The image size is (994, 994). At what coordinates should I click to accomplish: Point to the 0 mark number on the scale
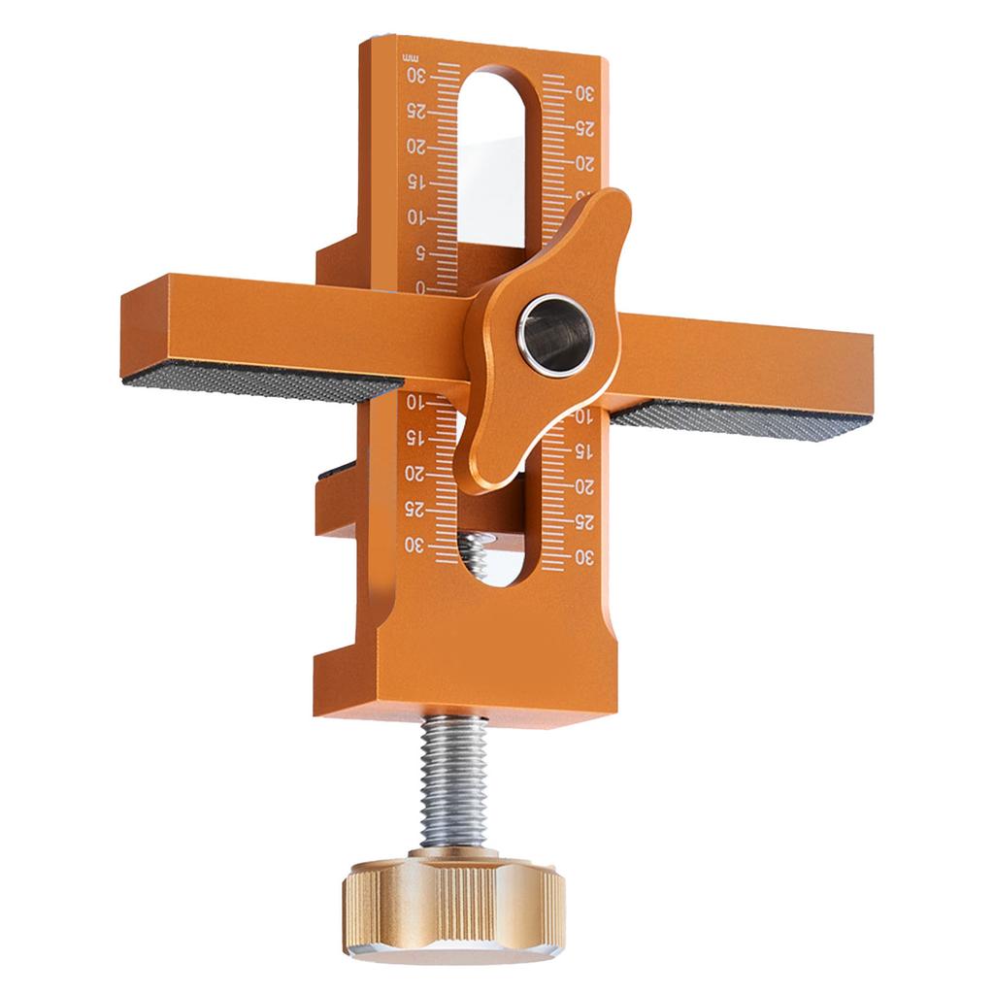[x=419, y=287]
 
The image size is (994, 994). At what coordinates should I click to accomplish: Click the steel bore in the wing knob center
[x=555, y=334]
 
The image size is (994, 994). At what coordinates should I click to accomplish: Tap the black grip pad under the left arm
[x=262, y=383]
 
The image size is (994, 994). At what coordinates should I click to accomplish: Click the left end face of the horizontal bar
[x=146, y=325]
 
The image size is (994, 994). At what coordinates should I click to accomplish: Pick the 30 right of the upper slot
[x=584, y=93]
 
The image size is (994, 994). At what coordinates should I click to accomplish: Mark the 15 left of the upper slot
[x=415, y=182]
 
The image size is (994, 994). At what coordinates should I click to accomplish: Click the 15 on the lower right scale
[x=584, y=452]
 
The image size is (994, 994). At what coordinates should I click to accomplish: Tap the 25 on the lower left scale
[x=415, y=510]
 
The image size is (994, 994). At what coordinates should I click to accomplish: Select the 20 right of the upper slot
[x=584, y=162]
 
